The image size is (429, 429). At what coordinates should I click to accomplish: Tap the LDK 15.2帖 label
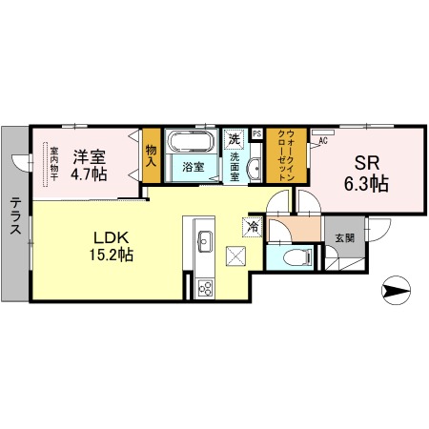[112, 244]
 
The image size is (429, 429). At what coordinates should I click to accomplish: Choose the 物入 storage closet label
[152, 154]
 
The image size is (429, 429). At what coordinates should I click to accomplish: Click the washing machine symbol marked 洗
[235, 137]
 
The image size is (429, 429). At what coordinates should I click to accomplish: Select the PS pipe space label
[256, 134]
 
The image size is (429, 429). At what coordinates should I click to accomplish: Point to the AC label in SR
[322, 141]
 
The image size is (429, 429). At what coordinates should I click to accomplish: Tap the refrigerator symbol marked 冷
[253, 227]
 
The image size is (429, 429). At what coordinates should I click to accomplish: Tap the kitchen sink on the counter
[202, 239]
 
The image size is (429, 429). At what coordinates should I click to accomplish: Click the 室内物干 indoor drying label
[54, 163]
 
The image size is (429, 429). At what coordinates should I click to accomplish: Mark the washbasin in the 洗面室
[255, 170]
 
